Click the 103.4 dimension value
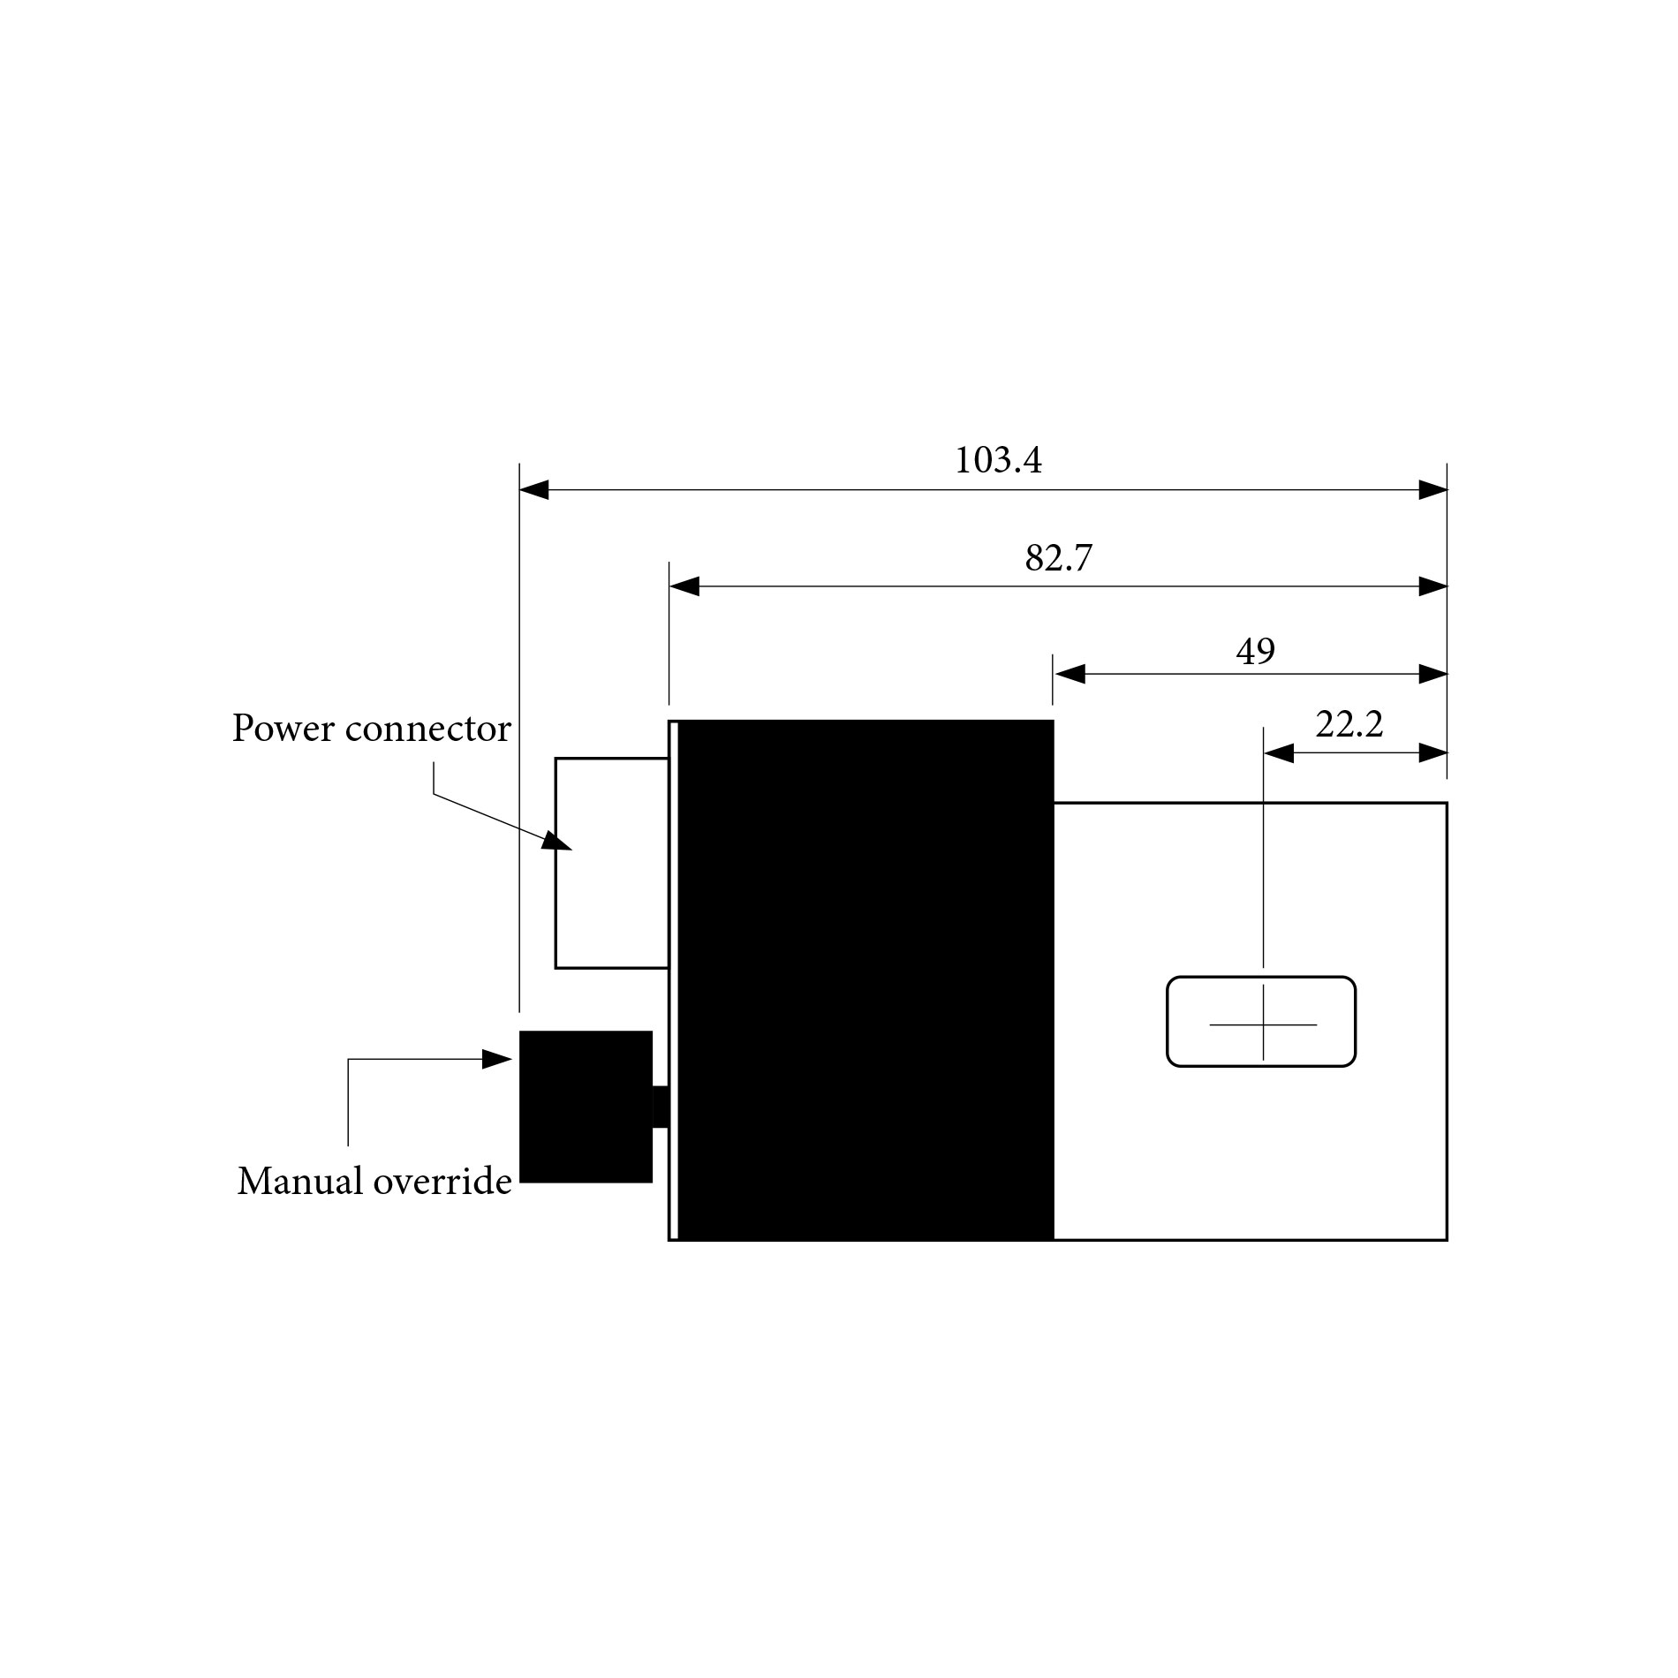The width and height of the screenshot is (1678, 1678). [x=998, y=461]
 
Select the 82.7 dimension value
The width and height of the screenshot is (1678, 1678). [x=1058, y=558]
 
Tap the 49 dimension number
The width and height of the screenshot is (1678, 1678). [x=1255, y=652]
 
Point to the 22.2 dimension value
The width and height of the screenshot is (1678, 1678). [x=1349, y=725]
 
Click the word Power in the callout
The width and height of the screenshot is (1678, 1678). [x=283, y=729]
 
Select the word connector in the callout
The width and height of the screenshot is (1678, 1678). [x=428, y=729]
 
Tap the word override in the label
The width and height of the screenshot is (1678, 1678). [x=443, y=1182]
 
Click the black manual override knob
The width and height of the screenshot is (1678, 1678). [x=585, y=1106]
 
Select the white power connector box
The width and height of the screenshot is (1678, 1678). [x=611, y=863]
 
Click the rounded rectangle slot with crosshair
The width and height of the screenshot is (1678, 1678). [x=1260, y=1021]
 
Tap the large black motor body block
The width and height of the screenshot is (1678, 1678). [x=865, y=980]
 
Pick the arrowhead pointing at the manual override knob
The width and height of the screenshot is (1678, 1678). [x=497, y=1060]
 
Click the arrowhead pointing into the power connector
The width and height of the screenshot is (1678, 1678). [x=556, y=842]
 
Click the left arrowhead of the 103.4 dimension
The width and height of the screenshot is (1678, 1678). [x=534, y=490]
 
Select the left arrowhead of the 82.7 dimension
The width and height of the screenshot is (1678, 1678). [x=684, y=586]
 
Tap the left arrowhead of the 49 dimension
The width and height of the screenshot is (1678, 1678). [x=1070, y=675]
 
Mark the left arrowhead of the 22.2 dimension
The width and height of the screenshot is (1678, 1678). [x=1279, y=753]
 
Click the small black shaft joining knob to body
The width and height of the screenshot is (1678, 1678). [x=660, y=1107]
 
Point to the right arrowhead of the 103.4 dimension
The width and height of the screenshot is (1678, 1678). [x=1432, y=490]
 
